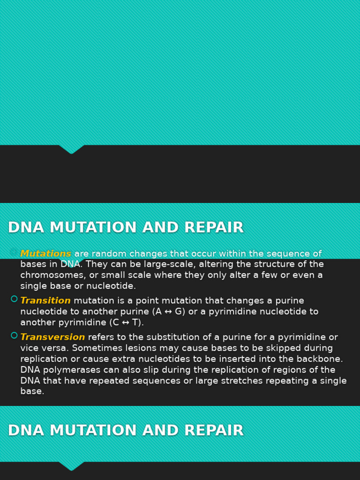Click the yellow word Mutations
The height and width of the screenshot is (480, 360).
tap(45, 254)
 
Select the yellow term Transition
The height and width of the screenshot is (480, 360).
tap(45, 301)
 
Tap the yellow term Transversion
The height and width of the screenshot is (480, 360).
tap(52, 337)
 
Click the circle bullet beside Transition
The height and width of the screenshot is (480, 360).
tap(14, 299)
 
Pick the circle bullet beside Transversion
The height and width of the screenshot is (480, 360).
tap(14, 336)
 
